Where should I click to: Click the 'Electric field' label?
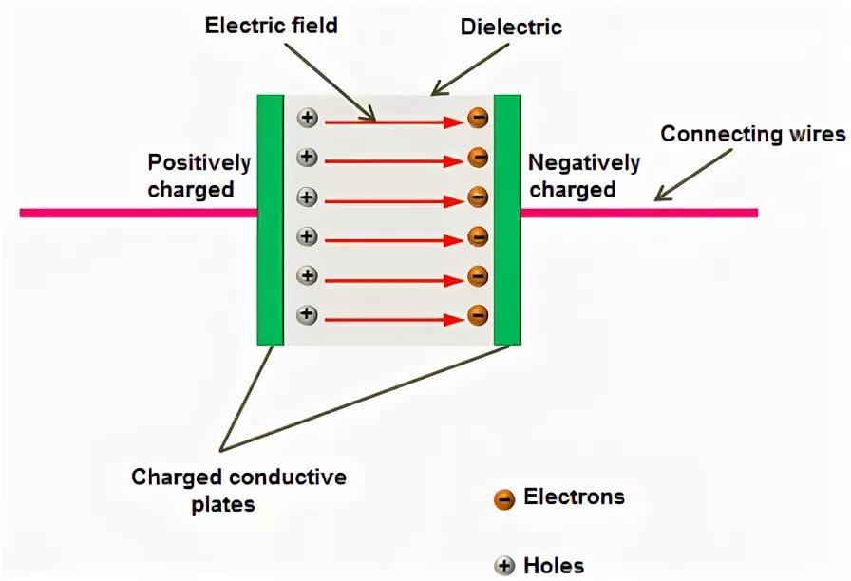(x=271, y=26)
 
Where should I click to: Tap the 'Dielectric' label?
(x=511, y=27)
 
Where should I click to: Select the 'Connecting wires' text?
(x=752, y=134)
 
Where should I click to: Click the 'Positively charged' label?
(x=199, y=176)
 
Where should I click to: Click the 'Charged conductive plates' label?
(x=238, y=490)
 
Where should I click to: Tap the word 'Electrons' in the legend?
(x=574, y=497)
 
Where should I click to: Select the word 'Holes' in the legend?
(x=554, y=567)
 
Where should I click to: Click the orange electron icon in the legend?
(x=504, y=498)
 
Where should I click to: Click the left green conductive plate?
(x=271, y=219)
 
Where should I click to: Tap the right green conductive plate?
(x=507, y=219)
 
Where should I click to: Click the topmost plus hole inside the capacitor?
(x=307, y=119)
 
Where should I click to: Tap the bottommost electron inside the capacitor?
(x=478, y=314)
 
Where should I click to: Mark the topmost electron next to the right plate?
(x=478, y=119)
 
